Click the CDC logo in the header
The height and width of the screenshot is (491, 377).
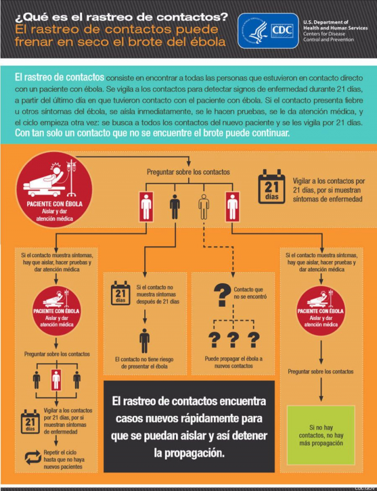pyautogui.click(x=268, y=31)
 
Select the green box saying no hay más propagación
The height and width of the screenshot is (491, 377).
pyautogui.click(x=320, y=436)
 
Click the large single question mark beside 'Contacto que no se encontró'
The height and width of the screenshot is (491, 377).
pyautogui.click(x=222, y=295)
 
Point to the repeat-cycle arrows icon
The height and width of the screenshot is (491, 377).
pyautogui.click(x=33, y=457)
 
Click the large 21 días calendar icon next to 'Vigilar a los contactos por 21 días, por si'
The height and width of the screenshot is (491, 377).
pyautogui.click(x=272, y=186)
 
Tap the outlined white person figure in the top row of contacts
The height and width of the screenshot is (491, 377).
pyautogui.click(x=204, y=207)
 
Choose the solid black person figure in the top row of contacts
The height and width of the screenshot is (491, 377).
pyautogui.click(x=175, y=207)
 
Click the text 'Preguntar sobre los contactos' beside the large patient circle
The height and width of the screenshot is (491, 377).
pyautogui.click(x=188, y=172)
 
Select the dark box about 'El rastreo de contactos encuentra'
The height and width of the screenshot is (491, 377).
pyautogui.click(x=189, y=426)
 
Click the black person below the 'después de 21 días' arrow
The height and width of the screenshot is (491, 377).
pyautogui.click(x=145, y=341)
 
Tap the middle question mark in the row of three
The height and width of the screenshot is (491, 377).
pyautogui.click(x=234, y=340)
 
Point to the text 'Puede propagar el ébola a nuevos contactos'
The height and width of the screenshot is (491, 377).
pyautogui.click(x=234, y=362)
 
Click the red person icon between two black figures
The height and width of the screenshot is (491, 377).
pyautogui.click(x=56, y=379)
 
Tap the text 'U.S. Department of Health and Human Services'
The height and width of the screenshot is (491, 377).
pyautogui.click(x=335, y=25)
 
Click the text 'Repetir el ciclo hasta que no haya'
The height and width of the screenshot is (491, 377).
pyautogui.click(x=64, y=456)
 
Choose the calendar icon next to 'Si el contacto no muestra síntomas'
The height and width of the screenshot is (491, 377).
pyautogui.click(x=120, y=293)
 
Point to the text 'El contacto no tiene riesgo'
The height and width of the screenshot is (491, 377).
pyautogui.click(x=144, y=359)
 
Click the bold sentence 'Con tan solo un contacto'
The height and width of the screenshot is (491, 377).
pyautogui.click(x=151, y=133)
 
